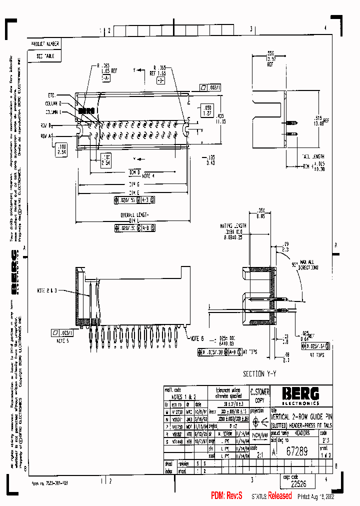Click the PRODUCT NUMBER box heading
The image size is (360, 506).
[x=45, y=44]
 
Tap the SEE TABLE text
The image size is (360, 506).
[x=45, y=56]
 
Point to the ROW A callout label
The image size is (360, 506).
[x=46, y=135]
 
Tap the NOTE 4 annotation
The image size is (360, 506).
[x=148, y=176]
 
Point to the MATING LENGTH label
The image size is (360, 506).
[x=232, y=225]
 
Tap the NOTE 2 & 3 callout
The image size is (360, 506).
[x=48, y=290]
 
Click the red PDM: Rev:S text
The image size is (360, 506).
[x=226, y=496]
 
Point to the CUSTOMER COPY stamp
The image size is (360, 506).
[x=260, y=395]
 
